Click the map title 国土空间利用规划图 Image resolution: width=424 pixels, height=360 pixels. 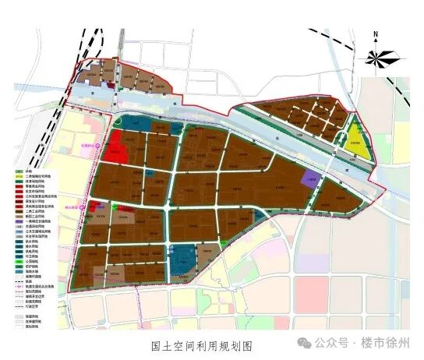[202, 344]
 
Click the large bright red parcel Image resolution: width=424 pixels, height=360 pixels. [118, 147]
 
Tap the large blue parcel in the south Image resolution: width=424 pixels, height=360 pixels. [184, 259]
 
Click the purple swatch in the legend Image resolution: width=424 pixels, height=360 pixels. [17, 221]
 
